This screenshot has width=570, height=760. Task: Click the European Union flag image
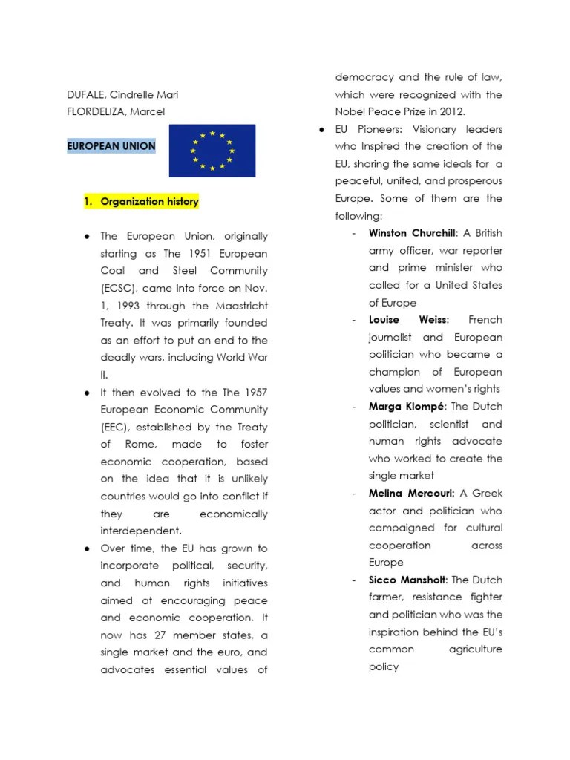click(x=212, y=151)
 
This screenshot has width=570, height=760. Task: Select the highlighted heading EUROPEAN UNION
click(x=111, y=145)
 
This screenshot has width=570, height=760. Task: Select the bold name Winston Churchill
click(x=413, y=233)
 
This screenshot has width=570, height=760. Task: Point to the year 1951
click(x=201, y=254)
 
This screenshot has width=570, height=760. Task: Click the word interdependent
click(x=140, y=531)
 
